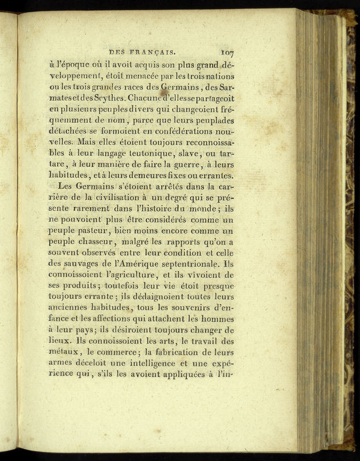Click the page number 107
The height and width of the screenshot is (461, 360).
pyautogui.click(x=225, y=51)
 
